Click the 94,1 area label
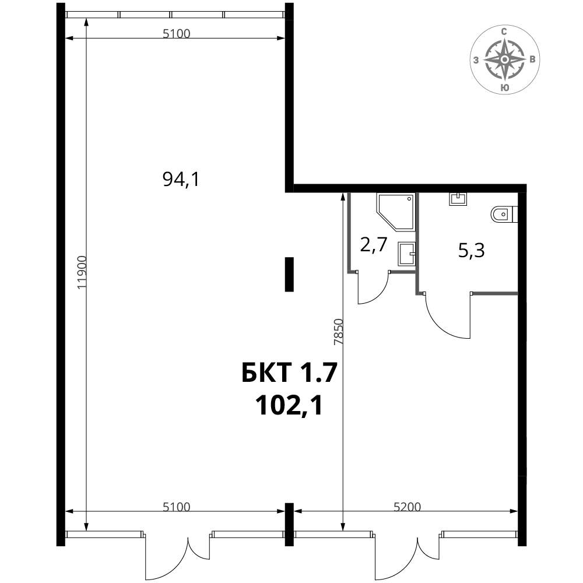pyautogui.click(x=181, y=180)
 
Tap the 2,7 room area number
pyautogui.click(x=374, y=245)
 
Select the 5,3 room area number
pyautogui.click(x=471, y=251)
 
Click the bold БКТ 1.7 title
pyautogui.click(x=289, y=373)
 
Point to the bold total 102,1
pyautogui.click(x=289, y=405)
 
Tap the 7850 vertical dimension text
pyautogui.click(x=338, y=332)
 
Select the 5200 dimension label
pyautogui.click(x=407, y=507)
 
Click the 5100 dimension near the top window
pyautogui.click(x=177, y=34)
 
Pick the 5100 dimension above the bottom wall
pyautogui.click(x=177, y=507)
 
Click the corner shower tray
pyautogui.click(x=396, y=212)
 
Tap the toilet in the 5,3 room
pyautogui.click(x=504, y=214)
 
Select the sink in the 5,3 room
pyautogui.click(x=458, y=199)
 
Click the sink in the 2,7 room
pyautogui.click(x=406, y=254)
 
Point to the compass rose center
pyautogui.click(x=504, y=59)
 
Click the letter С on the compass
pyautogui.click(x=504, y=31)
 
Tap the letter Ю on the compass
pyautogui.click(x=504, y=88)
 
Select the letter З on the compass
pyautogui.click(x=476, y=60)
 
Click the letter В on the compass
pyautogui.click(x=533, y=59)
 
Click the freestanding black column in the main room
pyautogui.click(x=289, y=275)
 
